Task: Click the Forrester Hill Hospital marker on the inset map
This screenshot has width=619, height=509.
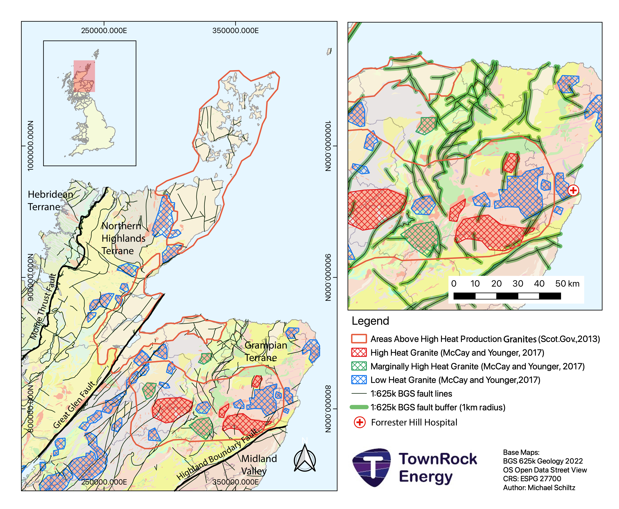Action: pyautogui.click(x=573, y=190)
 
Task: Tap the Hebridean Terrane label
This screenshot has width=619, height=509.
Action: pyautogui.click(x=50, y=201)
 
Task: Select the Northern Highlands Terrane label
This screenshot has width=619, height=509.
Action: pyautogui.click(x=123, y=238)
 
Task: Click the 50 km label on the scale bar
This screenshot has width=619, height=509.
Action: pyautogui.click(x=567, y=284)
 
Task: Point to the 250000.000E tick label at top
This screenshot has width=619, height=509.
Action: pyautogui.click(x=104, y=30)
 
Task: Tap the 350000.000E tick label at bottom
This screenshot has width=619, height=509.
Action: pyautogui.click(x=236, y=482)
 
